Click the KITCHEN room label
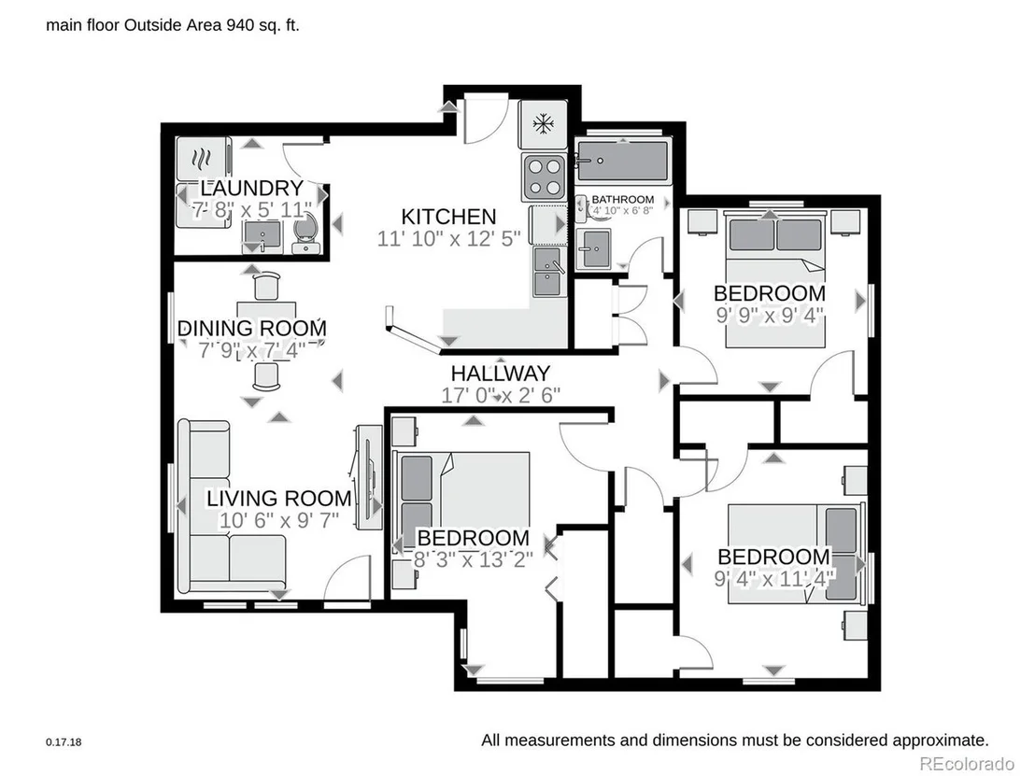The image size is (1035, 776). (449, 217)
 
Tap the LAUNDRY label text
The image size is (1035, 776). (251, 188)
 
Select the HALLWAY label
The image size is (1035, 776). (501, 374)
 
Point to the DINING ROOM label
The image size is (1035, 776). (252, 328)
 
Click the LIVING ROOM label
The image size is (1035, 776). (279, 499)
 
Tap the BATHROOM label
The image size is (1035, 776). (622, 199)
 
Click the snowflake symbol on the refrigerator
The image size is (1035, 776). (544, 123)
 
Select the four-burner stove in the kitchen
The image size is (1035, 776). (544, 176)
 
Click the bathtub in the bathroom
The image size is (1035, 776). (622, 161)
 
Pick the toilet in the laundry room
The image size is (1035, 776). (305, 234)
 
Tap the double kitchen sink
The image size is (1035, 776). (547, 272)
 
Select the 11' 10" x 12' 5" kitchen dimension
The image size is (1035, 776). (449, 238)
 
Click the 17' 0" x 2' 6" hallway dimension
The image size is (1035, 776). (501, 395)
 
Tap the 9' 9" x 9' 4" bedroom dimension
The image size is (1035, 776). (770, 316)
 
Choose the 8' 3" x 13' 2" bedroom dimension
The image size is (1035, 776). (474, 559)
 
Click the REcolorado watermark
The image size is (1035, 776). (967, 764)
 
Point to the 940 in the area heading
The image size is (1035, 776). (239, 26)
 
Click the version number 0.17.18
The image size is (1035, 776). (64, 741)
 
